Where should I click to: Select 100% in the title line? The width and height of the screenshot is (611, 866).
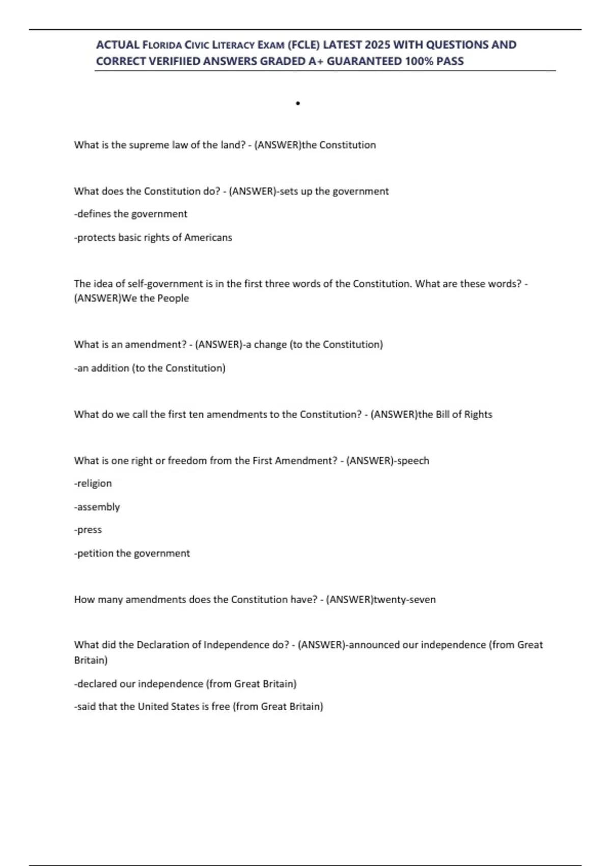pos(419,61)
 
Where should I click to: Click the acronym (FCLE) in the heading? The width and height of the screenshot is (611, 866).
pos(304,45)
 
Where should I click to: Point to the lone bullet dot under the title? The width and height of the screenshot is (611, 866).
pos(298,103)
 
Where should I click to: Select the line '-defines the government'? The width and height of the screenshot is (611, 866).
pos(131,214)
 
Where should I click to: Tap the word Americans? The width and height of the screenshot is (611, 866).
pos(208,237)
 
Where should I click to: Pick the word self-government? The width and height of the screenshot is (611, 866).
pos(160,284)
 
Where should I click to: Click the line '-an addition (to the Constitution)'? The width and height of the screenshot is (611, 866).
pos(150,368)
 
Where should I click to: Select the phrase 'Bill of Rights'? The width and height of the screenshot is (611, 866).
pos(464,414)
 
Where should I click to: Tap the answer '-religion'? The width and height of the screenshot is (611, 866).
pos(93,483)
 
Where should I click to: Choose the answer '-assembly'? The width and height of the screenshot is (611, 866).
pos(97,507)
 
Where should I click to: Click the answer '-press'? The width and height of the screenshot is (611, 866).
pos(88,530)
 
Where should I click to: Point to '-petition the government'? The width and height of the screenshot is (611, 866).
pos(132,553)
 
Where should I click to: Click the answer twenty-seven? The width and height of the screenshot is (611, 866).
pos(405,599)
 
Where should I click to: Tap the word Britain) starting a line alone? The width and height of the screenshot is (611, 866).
pos(91,660)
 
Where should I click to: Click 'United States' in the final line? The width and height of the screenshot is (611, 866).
pos(168,706)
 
